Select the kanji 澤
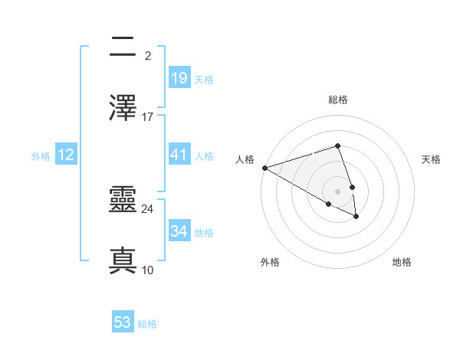tap(123, 107)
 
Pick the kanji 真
tap(123, 260)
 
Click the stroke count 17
tap(148, 117)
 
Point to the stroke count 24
tap(148, 208)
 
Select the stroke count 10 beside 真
tap(148, 270)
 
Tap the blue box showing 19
tap(179, 78)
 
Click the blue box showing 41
tap(179, 155)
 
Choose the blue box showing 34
tap(179, 231)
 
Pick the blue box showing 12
tap(66, 155)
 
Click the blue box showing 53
tap(123, 322)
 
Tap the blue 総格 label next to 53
tap(147, 324)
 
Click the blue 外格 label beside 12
tap(41, 156)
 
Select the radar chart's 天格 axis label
tap(431, 159)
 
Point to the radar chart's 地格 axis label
tap(402, 262)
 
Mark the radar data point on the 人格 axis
tap(264, 168)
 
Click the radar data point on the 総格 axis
tap(337, 146)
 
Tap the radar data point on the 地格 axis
tap(356, 217)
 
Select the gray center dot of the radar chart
tap(337, 191)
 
